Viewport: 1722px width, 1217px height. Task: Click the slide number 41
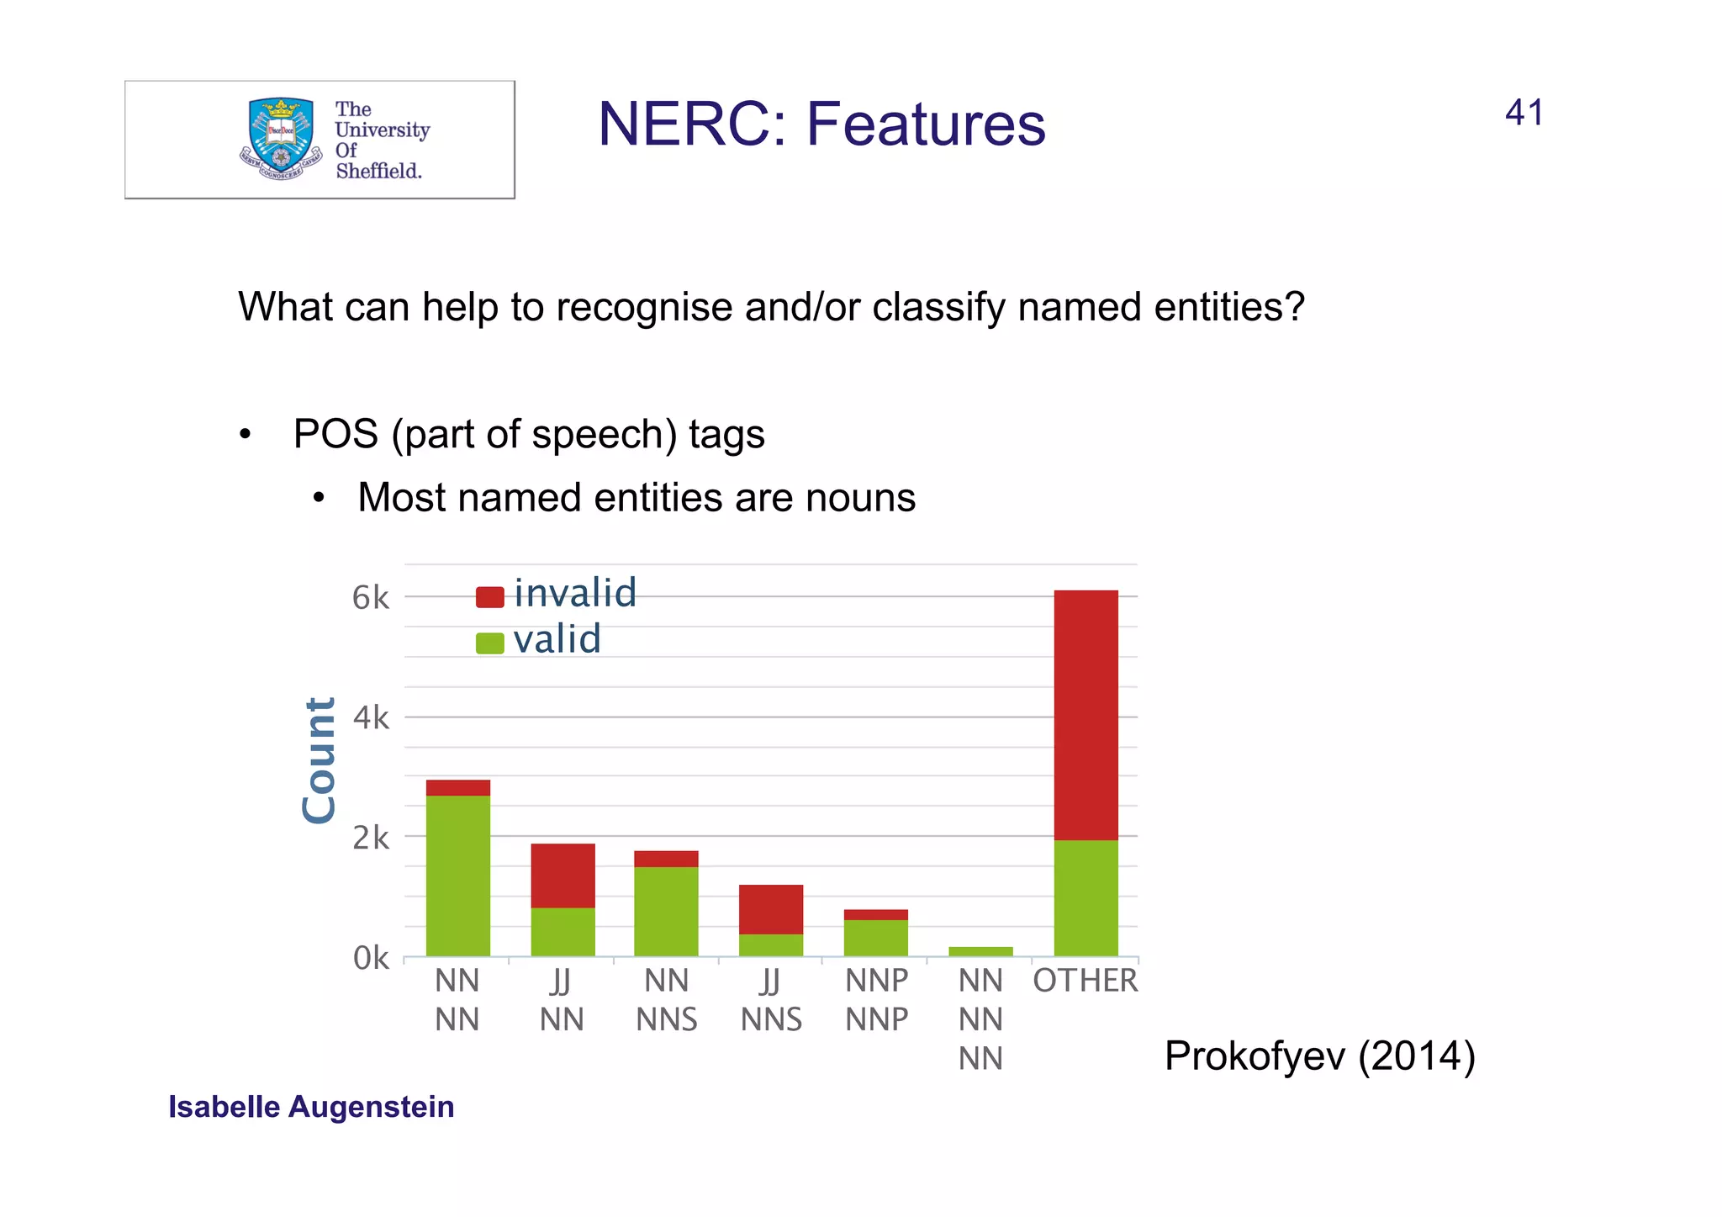tap(1524, 113)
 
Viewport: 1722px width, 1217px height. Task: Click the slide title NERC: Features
tap(821, 124)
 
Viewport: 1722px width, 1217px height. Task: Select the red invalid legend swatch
tap(489, 597)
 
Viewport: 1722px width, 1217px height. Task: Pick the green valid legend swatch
tap(489, 643)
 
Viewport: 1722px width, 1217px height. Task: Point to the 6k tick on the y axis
tap(370, 598)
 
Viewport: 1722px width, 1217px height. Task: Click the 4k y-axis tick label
tap(370, 718)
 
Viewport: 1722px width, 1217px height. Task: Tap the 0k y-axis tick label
tap(370, 958)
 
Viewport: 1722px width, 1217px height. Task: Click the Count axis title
tap(320, 760)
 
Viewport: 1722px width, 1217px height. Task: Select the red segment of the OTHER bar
tap(1085, 715)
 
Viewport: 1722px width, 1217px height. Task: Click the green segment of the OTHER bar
tap(1085, 898)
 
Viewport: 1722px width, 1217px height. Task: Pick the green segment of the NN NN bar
tap(457, 876)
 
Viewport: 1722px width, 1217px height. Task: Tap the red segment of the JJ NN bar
tap(563, 876)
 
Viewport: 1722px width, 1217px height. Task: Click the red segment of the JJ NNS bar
tap(770, 909)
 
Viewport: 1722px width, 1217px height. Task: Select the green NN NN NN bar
tap(980, 951)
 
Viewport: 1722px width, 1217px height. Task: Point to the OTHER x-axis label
tap(1085, 981)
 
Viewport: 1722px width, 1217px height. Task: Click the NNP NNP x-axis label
tap(876, 1000)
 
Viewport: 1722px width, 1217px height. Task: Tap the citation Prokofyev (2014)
tap(1319, 1056)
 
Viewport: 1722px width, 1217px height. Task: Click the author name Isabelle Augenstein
tap(311, 1107)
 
